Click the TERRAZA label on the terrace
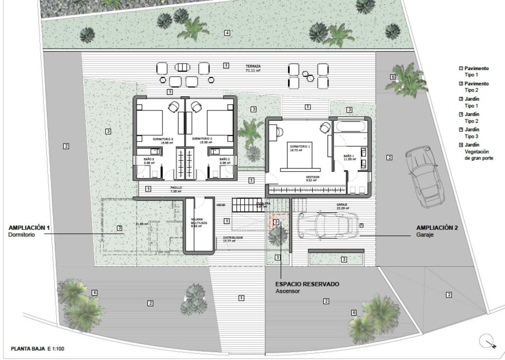253,67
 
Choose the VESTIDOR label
313,177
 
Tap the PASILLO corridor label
176,188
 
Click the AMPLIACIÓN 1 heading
29,227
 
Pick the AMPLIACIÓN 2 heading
437,227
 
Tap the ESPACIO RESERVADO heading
307,284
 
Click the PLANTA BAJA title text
29,349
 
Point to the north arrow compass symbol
486,341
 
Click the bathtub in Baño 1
350,126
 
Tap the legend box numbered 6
461,145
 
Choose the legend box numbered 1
461,68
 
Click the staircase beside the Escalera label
244,205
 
